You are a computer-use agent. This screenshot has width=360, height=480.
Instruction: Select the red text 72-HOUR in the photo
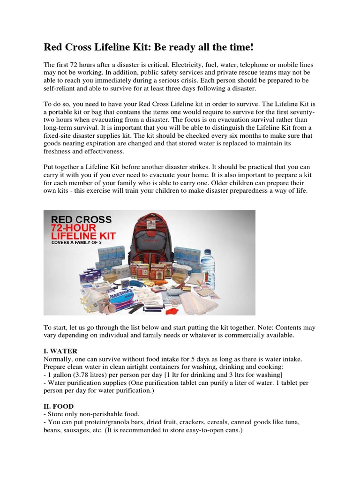click(76, 228)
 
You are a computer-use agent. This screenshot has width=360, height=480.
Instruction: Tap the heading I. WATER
click(60, 351)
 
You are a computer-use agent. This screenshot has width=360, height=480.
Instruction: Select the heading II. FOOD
click(59, 406)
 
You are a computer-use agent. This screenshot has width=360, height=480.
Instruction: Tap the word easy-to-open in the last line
click(201, 430)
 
